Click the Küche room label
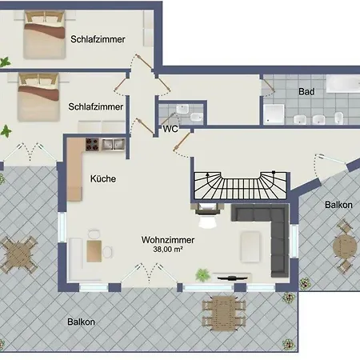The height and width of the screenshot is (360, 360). pyautogui.click(x=103, y=178)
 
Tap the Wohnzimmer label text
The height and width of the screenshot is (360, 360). pyautogui.click(x=168, y=240)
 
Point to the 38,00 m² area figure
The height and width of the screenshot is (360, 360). pyautogui.click(x=168, y=250)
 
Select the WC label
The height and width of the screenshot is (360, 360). pyautogui.click(x=170, y=129)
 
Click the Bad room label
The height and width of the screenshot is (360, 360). pyautogui.click(x=306, y=92)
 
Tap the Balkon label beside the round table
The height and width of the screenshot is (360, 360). pyautogui.click(x=338, y=205)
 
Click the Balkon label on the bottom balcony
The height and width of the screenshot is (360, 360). pyautogui.click(x=81, y=322)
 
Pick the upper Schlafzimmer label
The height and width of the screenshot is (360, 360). pyautogui.click(x=98, y=39)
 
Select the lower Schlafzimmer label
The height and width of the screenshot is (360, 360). pyautogui.click(x=95, y=106)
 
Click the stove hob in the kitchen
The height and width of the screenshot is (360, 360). pyautogui.click(x=92, y=145)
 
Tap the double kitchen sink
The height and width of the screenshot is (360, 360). pyautogui.click(x=114, y=145)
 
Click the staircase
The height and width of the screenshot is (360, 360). pyautogui.click(x=240, y=186)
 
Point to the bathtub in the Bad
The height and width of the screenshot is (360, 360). pyautogui.click(x=343, y=84)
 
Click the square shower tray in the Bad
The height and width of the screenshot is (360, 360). pyautogui.click(x=274, y=114)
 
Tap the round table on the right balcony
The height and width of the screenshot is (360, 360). pyautogui.click(x=345, y=246)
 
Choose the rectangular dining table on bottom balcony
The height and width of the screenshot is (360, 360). pyautogui.click(x=224, y=313)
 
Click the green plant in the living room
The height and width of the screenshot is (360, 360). pyautogui.click(x=202, y=275)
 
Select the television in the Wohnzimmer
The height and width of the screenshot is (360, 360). pyautogui.click(x=232, y=278)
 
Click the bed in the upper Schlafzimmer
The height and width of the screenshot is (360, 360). pyautogui.click(x=45, y=34)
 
